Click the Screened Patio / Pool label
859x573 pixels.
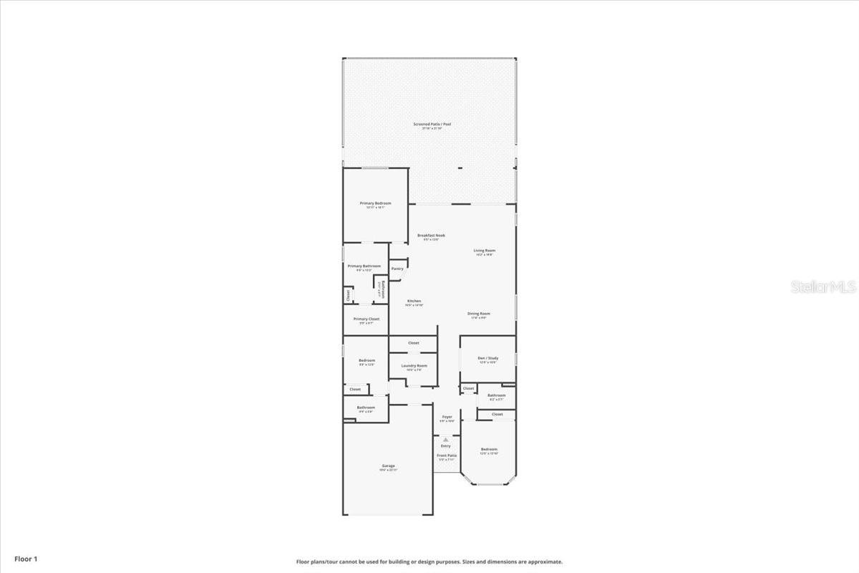pyautogui.click(x=432, y=124)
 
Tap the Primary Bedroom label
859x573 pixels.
pyautogui.click(x=375, y=203)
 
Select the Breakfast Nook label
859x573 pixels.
pyautogui.click(x=432, y=236)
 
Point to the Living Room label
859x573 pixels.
pyautogui.click(x=485, y=251)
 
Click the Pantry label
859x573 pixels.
pyautogui.click(x=397, y=269)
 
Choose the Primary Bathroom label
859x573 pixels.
pyautogui.click(x=364, y=266)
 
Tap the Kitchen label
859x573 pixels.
pyautogui.click(x=414, y=301)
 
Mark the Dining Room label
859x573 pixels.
pyautogui.click(x=479, y=314)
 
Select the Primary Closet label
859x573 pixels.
pyautogui.click(x=366, y=319)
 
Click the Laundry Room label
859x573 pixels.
pyautogui.click(x=414, y=366)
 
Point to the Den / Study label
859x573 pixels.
pyautogui.click(x=487, y=358)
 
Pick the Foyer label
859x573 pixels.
pyautogui.click(x=447, y=417)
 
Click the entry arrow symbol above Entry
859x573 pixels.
pyautogui.click(x=445, y=439)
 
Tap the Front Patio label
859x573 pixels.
pyautogui.click(x=447, y=455)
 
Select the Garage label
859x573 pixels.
pyautogui.click(x=388, y=466)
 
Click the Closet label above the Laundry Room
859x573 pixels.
pyautogui.click(x=414, y=343)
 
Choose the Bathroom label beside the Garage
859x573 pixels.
pyautogui.click(x=366, y=408)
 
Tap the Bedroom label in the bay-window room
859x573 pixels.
pyautogui.click(x=488, y=449)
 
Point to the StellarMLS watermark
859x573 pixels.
pyautogui.click(x=823, y=287)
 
